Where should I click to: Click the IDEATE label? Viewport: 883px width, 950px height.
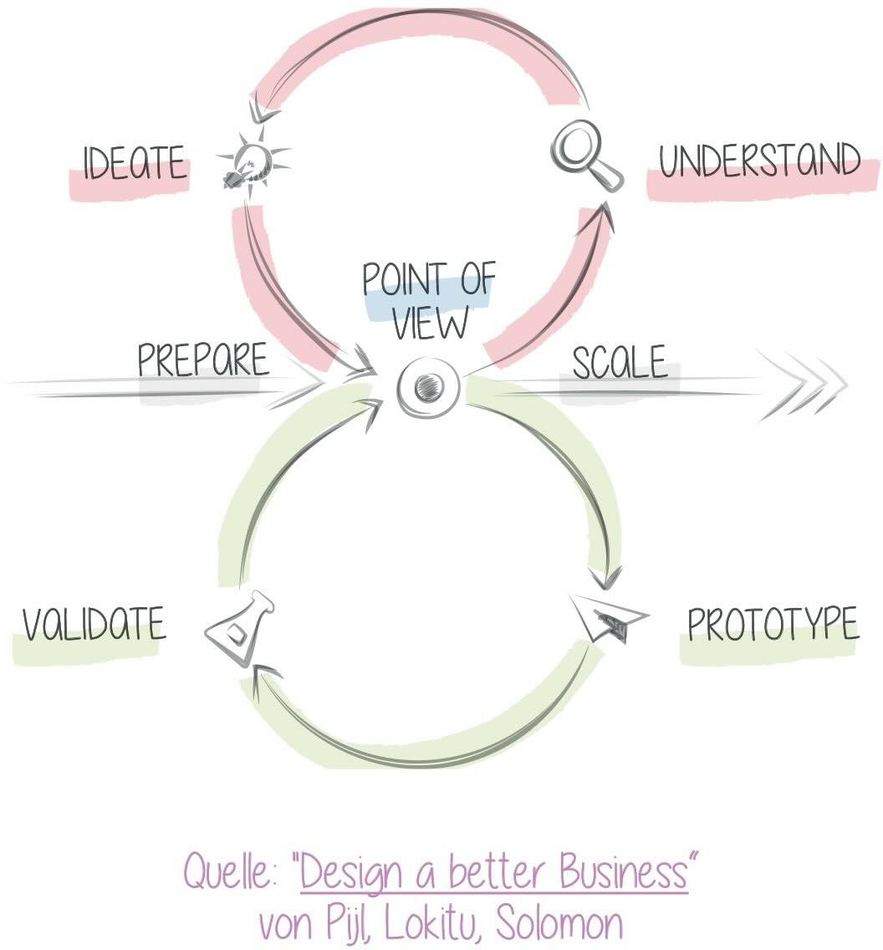pos(135,162)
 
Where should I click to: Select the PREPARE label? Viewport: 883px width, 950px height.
pos(203,360)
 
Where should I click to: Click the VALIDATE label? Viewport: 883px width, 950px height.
pos(94,623)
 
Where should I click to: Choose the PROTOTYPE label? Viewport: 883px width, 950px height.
pos(773,623)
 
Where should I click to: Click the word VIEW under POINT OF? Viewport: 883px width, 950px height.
pos(430,323)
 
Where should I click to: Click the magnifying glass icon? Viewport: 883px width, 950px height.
pos(586,155)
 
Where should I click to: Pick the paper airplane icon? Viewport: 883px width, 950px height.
pos(609,619)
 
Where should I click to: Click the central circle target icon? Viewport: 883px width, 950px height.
pos(428,386)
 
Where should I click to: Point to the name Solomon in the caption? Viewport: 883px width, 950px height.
pos(559,923)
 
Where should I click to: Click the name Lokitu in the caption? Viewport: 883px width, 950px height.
pos(432,923)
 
